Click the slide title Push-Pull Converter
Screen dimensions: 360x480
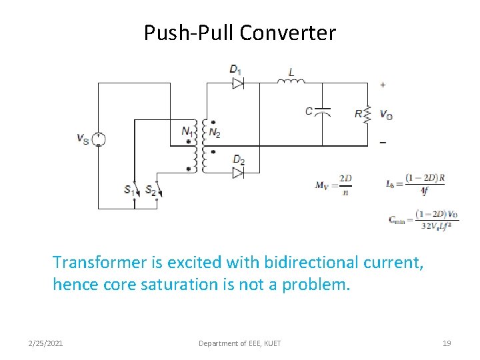pyautogui.click(x=240, y=33)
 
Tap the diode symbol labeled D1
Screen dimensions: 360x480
pyautogui.click(x=238, y=83)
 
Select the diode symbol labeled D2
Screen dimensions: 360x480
pyautogui.click(x=238, y=173)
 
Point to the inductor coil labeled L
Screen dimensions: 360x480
pyautogui.click(x=291, y=81)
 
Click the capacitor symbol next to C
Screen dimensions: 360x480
pyautogui.click(x=323, y=111)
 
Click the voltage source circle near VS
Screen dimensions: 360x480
pyautogui.click(x=98, y=139)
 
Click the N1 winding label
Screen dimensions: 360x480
pyautogui.click(x=187, y=131)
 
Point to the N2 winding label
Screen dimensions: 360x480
pyautogui.click(x=214, y=132)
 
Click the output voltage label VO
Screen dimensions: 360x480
pyautogui.click(x=386, y=114)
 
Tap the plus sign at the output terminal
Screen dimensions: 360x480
pyautogui.click(x=383, y=85)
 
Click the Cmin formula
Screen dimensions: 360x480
pyautogui.click(x=423, y=219)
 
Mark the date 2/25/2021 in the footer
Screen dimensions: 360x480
pyautogui.click(x=46, y=343)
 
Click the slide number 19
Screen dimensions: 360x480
pyautogui.click(x=447, y=343)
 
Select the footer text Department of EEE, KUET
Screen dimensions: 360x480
pyautogui.click(x=240, y=343)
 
